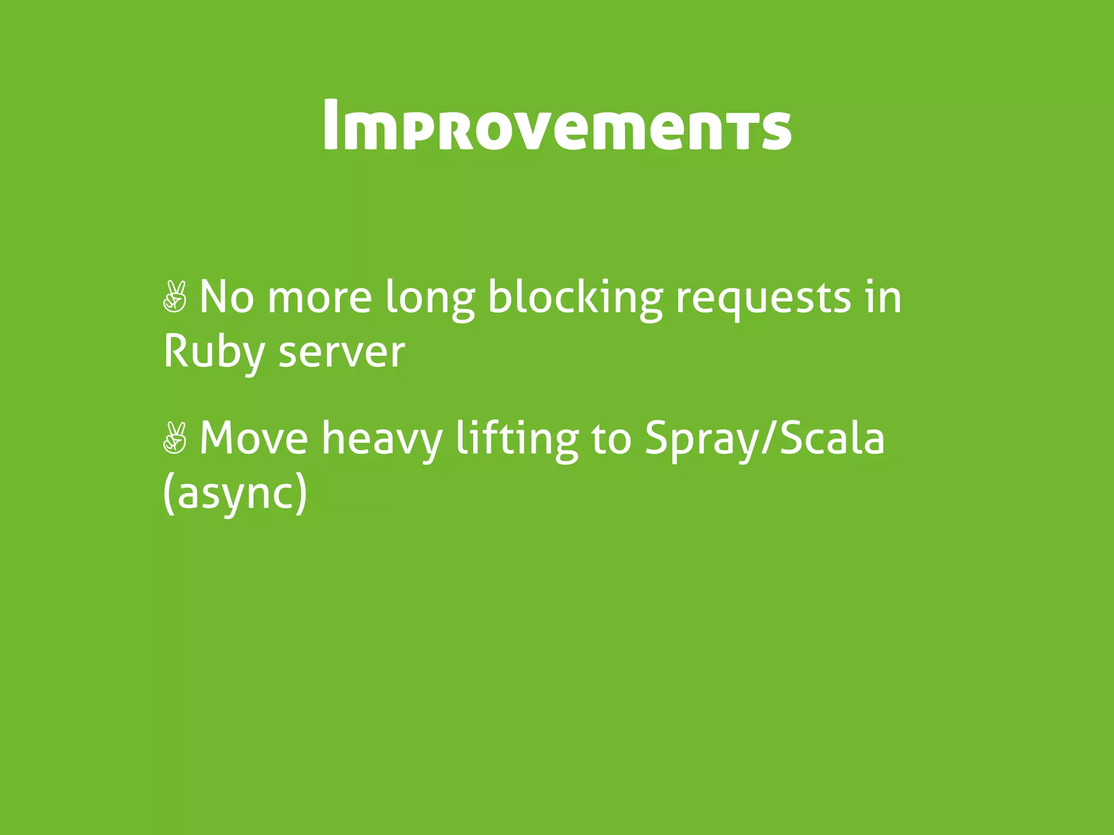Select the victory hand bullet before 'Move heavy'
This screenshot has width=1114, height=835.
(175, 438)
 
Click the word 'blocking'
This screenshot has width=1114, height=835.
(574, 298)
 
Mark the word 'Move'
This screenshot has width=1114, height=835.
(254, 438)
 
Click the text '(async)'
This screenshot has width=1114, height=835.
(235, 494)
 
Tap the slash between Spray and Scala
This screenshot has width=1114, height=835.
(770, 438)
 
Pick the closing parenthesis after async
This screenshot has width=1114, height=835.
(300, 494)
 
